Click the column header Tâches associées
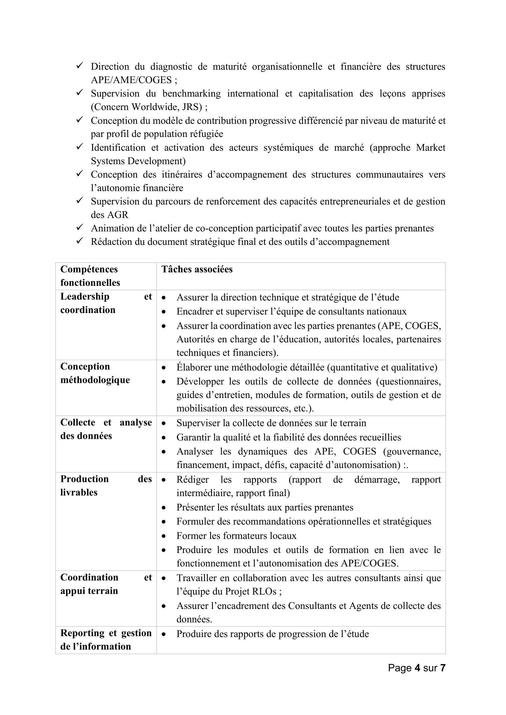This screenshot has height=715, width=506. [x=197, y=269]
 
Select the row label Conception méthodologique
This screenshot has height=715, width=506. [x=95, y=373]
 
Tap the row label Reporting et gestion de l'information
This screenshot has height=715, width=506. [x=106, y=639]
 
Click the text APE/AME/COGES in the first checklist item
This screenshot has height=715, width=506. [x=131, y=80]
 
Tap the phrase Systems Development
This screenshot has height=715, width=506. [x=138, y=161]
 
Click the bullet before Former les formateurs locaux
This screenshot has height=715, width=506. [x=164, y=536]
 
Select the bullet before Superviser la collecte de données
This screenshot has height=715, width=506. [x=164, y=423]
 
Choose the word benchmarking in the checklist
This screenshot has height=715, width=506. [x=191, y=94]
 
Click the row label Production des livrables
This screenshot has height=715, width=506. [x=106, y=485]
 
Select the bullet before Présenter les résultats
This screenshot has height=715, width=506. [x=164, y=508]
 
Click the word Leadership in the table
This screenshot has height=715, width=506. [x=85, y=297]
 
